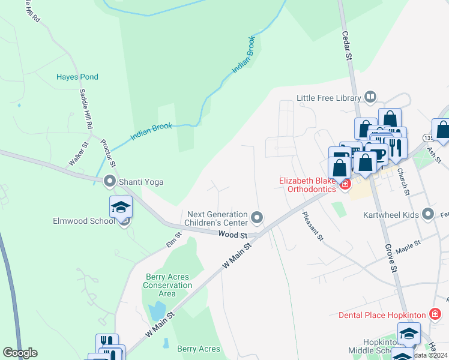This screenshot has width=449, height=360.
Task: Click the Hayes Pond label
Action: pos(77,77)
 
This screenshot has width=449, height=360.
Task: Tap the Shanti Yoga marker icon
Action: pos(109,180)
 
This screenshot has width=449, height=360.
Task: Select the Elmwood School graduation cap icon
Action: pos(121,208)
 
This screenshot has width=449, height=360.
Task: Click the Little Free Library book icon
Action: pos(370,97)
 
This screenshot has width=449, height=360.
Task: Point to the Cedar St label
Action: pos(346,46)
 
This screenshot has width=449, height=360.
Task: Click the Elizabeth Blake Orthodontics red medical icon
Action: pos(345,184)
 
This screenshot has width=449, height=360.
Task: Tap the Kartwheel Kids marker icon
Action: pos(428,214)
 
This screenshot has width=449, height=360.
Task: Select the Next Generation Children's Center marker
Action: pos(257,217)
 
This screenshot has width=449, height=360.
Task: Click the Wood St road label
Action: pos(232,234)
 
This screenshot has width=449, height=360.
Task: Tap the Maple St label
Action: pos(409,245)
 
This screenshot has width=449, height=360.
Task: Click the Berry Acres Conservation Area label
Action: pos(167,285)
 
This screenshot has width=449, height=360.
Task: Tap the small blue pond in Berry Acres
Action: pos(157,310)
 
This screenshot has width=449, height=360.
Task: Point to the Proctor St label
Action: pos(107,153)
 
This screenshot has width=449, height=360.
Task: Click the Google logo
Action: pos(20,353)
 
